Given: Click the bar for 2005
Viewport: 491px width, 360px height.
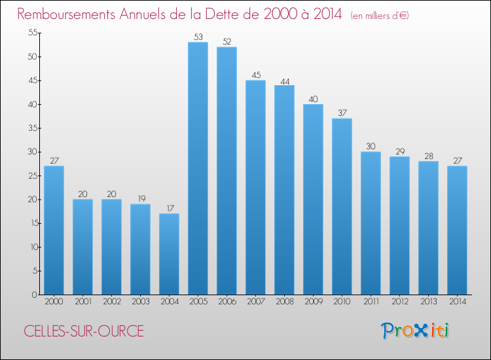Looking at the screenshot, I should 198,168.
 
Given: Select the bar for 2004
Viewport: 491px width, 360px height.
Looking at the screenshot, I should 169,254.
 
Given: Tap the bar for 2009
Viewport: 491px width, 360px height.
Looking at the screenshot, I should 313,199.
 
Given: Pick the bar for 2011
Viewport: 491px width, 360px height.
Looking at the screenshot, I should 371,223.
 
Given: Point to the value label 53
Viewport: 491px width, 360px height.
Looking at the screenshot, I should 198,37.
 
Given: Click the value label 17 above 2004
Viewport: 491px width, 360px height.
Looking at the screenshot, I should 169,209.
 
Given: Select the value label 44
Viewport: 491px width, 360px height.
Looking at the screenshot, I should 284,81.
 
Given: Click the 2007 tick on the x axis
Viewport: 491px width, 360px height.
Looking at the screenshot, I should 255,302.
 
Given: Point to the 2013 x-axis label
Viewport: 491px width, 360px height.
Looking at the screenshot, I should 428,302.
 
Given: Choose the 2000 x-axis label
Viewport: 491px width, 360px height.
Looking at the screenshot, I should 54,302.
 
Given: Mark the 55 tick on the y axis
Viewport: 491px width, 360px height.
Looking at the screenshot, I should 30,33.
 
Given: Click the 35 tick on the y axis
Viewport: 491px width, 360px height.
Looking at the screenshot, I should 30,128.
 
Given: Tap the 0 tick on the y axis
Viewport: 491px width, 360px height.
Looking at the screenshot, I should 33,295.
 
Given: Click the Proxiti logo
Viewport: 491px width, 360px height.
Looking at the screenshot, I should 415,331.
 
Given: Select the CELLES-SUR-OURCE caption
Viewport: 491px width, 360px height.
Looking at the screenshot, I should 84,331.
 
